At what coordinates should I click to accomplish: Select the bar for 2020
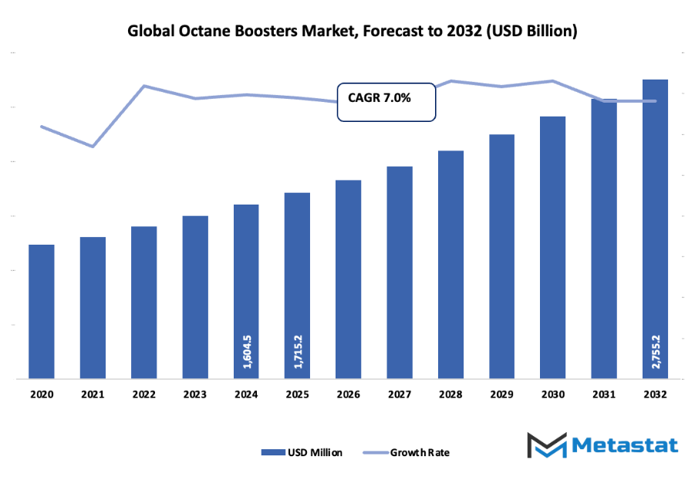click(42, 312)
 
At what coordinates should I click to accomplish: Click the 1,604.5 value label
click(246, 352)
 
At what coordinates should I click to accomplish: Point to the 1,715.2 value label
click(297, 352)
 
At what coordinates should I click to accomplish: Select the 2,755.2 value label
click(655, 352)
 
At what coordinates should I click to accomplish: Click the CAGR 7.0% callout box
click(386, 100)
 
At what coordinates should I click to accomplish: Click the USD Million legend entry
click(302, 452)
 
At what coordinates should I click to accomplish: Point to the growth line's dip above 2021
click(93, 146)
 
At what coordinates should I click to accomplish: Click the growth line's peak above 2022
click(144, 86)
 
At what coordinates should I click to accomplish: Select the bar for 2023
click(195, 297)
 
